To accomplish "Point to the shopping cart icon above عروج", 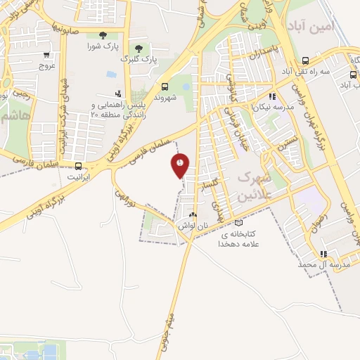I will pos(46,54).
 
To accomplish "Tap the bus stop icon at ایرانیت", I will pos(77,167).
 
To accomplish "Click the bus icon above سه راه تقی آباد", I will pos(304,60).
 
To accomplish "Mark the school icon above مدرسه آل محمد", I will pos(323,254).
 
